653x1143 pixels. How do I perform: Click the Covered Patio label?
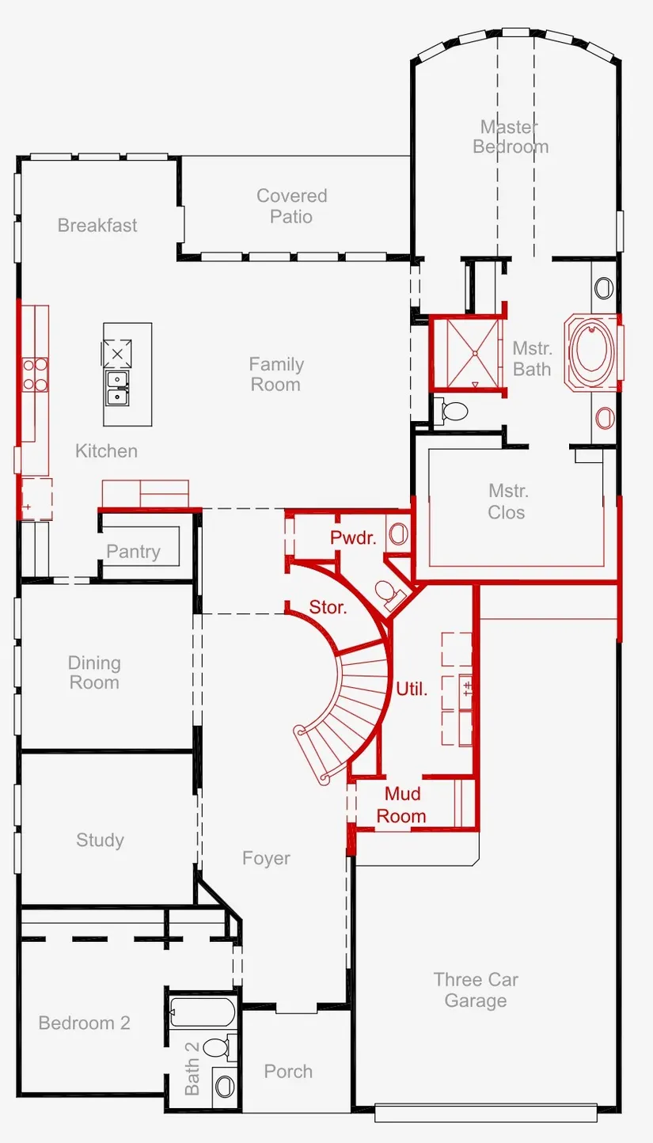(x=292, y=206)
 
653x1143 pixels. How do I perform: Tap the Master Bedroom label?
(x=511, y=137)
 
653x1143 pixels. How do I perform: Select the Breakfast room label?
(x=97, y=225)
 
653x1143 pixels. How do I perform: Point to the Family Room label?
(x=276, y=374)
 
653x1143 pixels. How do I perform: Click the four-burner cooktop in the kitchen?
(x=35, y=375)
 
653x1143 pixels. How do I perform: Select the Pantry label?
(x=133, y=551)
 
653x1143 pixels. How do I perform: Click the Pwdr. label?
(x=353, y=537)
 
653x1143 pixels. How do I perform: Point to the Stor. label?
(x=328, y=607)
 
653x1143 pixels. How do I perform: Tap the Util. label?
(x=412, y=689)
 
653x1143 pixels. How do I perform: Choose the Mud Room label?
(x=401, y=805)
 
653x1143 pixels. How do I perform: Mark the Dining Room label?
(x=94, y=673)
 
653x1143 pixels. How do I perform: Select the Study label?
(x=100, y=839)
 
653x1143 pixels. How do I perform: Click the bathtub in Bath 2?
(x=202, y=1012)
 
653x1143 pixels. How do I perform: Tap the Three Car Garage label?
(x=476, y=990)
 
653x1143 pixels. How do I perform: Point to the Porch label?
(x=288, y=1071)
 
